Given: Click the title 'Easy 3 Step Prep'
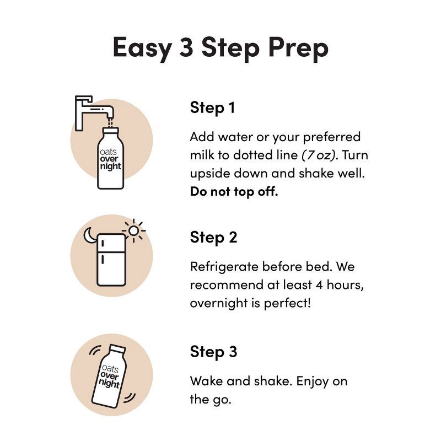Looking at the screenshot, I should point(220,47).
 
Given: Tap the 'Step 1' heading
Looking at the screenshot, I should point(212,107).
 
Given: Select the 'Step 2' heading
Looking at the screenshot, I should point(213,238).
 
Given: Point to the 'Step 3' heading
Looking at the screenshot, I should point(213,352).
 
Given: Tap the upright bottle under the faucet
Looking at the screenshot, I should point(110,160).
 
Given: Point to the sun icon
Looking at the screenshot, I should point(133,229).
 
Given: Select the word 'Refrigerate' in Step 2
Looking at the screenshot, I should point(223,267).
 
